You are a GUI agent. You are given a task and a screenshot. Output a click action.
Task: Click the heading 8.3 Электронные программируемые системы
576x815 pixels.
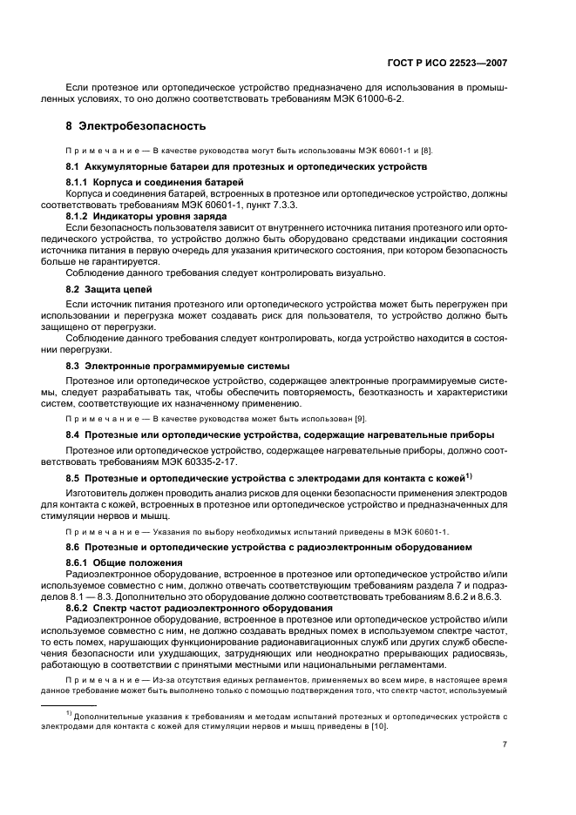(178, 366)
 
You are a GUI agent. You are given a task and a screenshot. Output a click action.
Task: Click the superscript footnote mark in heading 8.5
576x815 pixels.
(469, 475)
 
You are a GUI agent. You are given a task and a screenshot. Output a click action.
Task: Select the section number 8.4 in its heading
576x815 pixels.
(73, 434)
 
